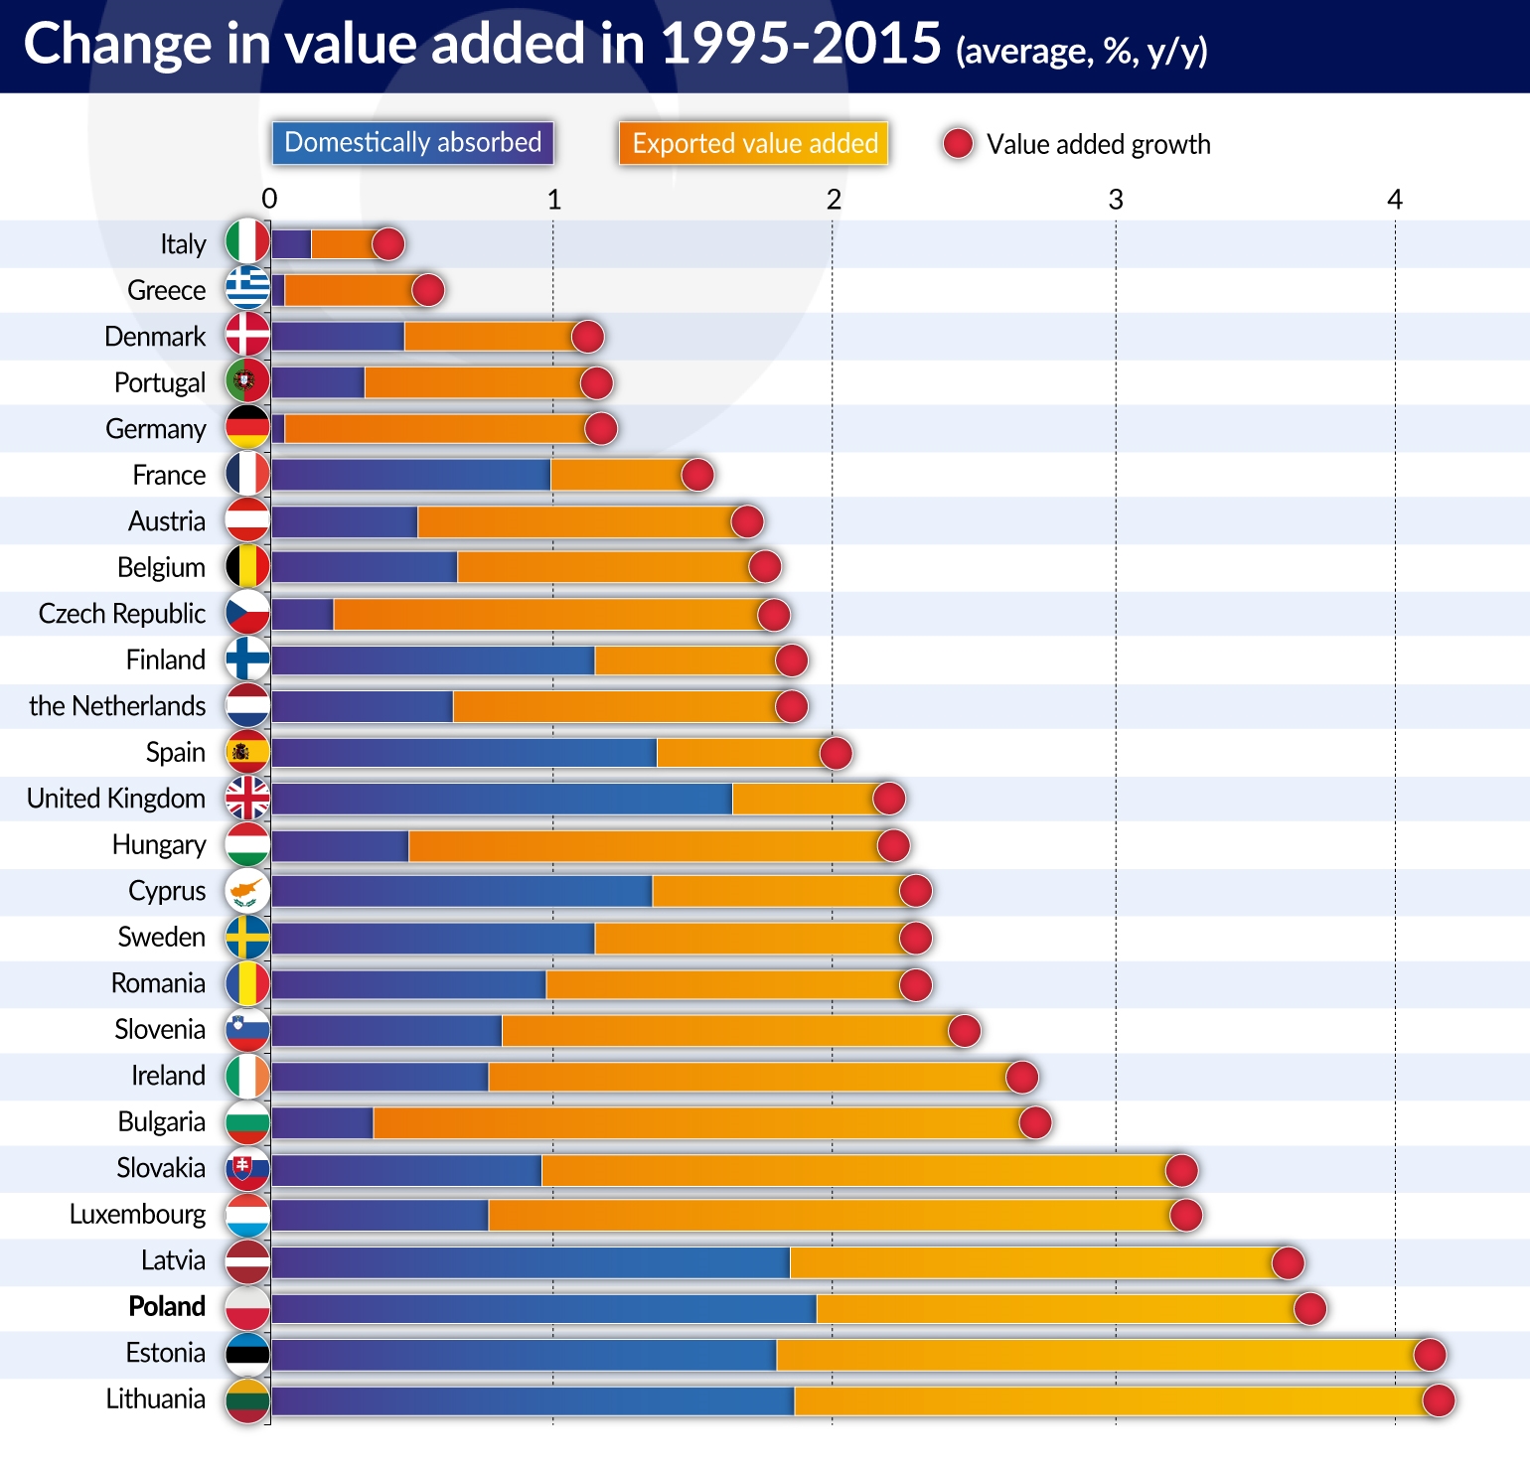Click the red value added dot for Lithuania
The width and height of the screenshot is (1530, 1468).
(x=1438, y=1400)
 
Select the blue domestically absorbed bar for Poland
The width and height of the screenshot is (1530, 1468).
(x=543, y=1308)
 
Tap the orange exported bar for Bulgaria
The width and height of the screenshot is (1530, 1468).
(x=695, y=1122)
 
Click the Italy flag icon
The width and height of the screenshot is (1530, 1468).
(x=247, y=242)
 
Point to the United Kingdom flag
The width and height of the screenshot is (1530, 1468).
(x=247, y=798)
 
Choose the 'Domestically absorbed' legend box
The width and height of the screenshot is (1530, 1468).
(x=412, y=143)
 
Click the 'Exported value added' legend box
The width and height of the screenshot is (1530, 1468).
(x=754, y=143)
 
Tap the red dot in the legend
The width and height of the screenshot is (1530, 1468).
(x=958, y=144)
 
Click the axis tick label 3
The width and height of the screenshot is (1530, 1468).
(x=1116, y=200)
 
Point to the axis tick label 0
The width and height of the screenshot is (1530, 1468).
(x=269, y=200)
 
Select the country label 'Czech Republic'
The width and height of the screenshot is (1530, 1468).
(x=122, y=614)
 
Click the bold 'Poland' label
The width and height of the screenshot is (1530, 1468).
(x=167, y=1306)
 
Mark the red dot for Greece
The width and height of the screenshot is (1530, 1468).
(x=428, y=290)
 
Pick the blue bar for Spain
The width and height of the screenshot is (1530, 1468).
(x=464, y=753)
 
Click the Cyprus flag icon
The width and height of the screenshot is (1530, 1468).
(x=247, y=890)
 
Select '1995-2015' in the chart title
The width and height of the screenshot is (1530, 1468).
(x=801, y=45)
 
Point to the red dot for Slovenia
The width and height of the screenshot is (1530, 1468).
(x=964, y=1030)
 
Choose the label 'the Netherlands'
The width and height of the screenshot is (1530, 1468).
(x=117, y=706)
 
